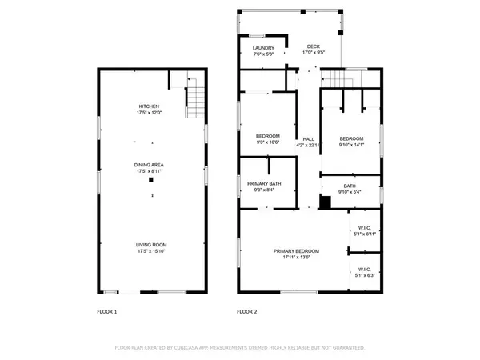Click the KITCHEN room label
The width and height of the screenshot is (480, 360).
click(x=150, y=106)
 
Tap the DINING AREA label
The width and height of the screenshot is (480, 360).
click(x=150, y=165)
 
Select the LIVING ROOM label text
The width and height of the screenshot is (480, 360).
click(x=150, y=245)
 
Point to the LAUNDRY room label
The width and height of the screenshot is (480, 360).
click(x=263, y=48)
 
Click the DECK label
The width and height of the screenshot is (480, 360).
click(x=313, y=47)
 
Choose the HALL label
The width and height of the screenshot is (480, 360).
click(x=308, y=138)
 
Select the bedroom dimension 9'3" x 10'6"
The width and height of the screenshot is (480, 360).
click(x=268, y=142)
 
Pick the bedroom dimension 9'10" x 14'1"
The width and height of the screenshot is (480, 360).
click(x=351, y=145)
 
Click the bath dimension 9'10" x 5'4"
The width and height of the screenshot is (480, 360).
click(x=351, y=192)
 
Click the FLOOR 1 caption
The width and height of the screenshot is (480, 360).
click(x=106, y=311)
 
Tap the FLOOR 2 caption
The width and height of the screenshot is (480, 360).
click(x=246, y=311)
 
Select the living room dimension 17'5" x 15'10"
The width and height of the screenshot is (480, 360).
click(x=150, y=251)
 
